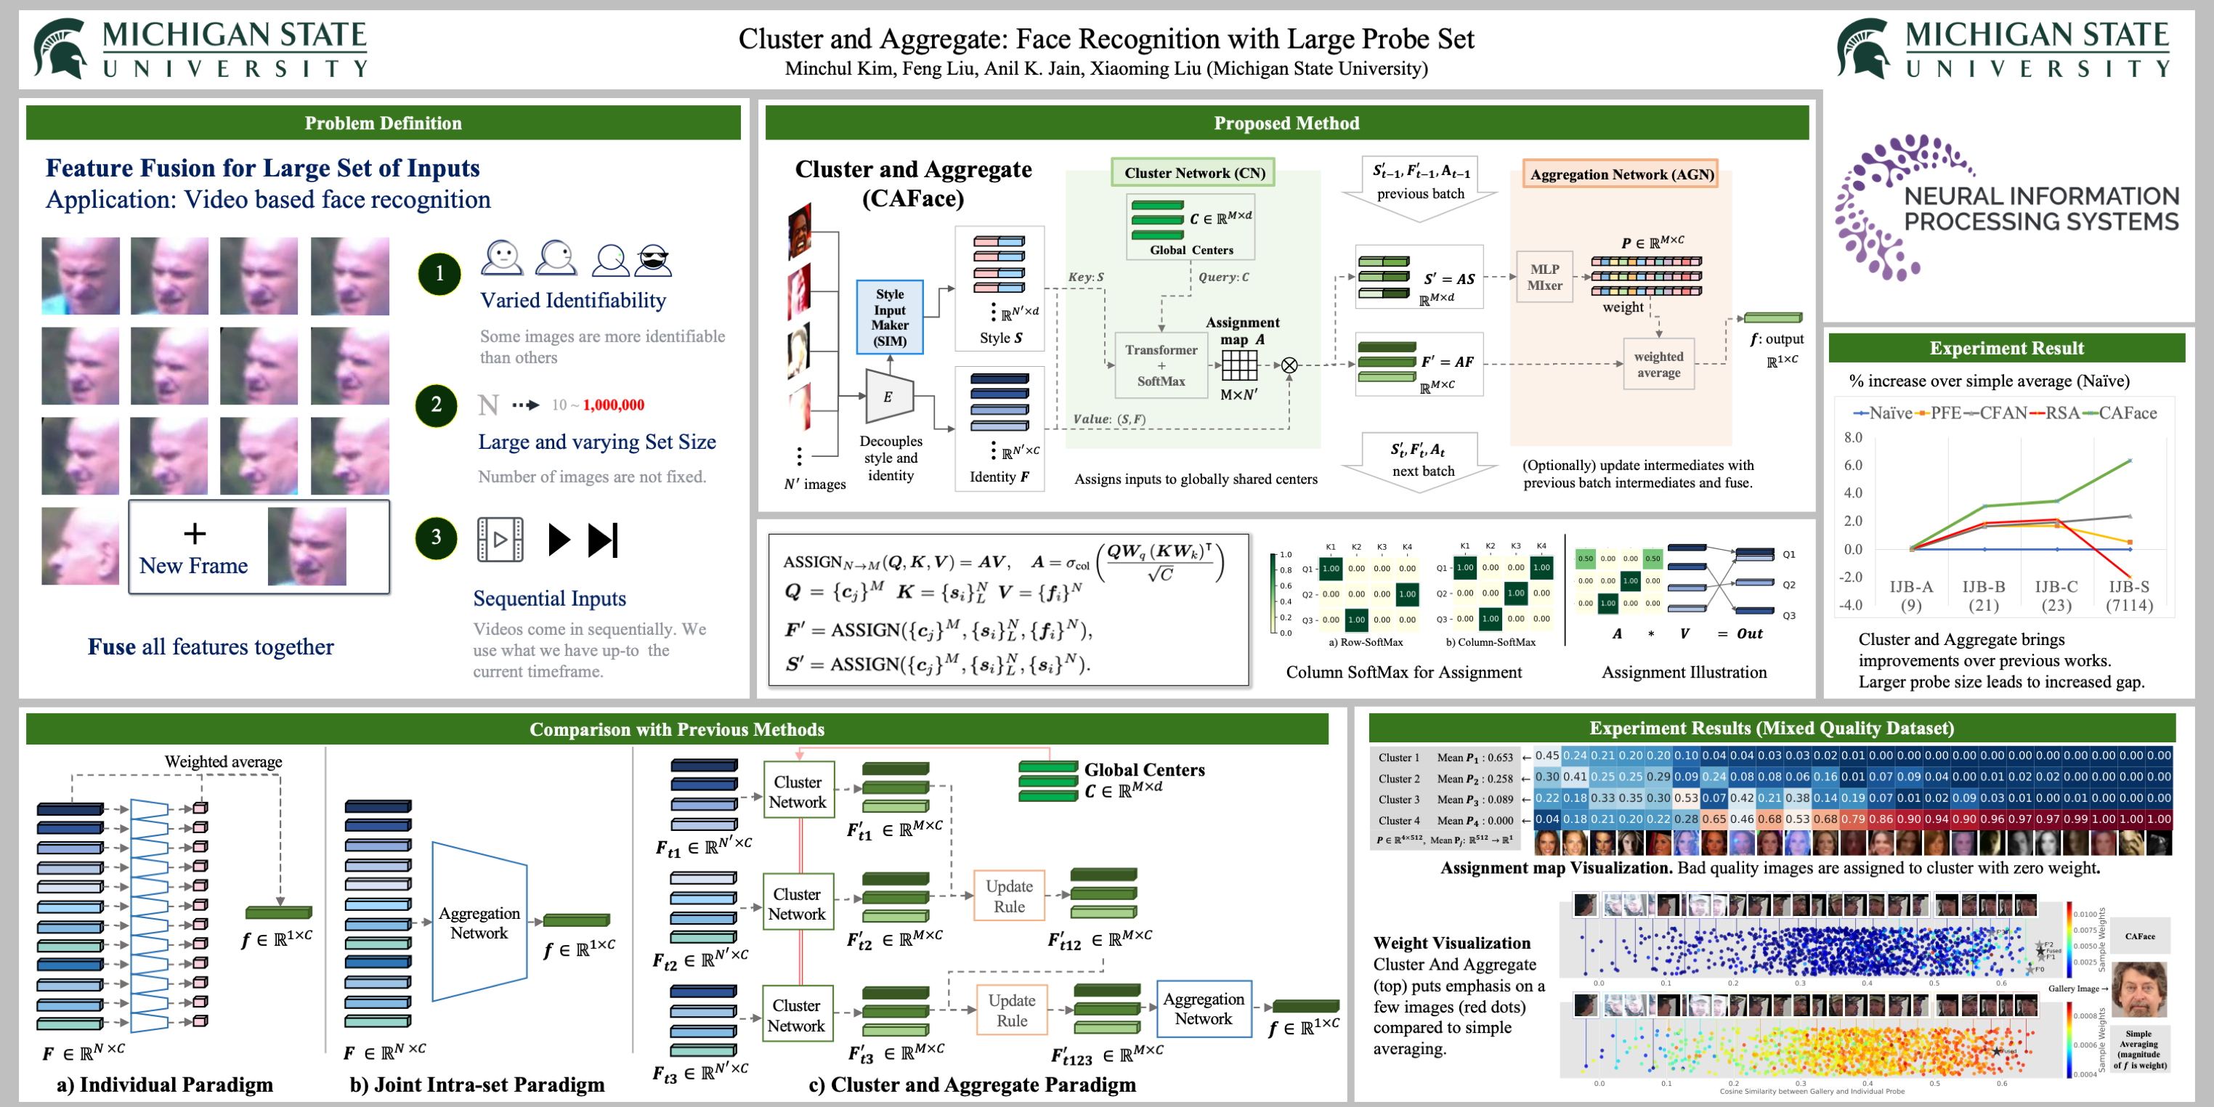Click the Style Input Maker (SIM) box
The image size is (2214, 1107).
[x=890, y=317]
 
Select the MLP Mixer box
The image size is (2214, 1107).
[x=1544, y=277]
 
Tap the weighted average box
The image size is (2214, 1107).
[x=1658, y=365]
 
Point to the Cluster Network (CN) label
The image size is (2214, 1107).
[x=1194, y=173]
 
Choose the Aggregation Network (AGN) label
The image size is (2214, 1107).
[x=1621, y=174]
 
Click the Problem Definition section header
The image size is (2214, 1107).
[x=383, y=123]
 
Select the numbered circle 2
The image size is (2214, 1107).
[x=437, y=405]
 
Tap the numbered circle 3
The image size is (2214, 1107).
[x=437, y=538]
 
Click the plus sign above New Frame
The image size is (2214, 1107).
[x=195, y=534]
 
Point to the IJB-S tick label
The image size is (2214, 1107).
[x=2128, y=587]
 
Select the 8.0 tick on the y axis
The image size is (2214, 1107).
[x=1853, y=437]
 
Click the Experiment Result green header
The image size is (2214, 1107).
[x=2006, y=348]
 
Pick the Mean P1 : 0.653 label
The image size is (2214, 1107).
[x=1475, y=757]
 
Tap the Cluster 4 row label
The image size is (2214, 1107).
[x=1398, y=821]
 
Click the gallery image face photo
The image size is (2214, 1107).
[x=2138, y=989]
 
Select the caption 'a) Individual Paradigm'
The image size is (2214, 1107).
[x=165, y=1084]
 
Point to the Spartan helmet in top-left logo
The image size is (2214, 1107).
[x=60, y=48]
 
